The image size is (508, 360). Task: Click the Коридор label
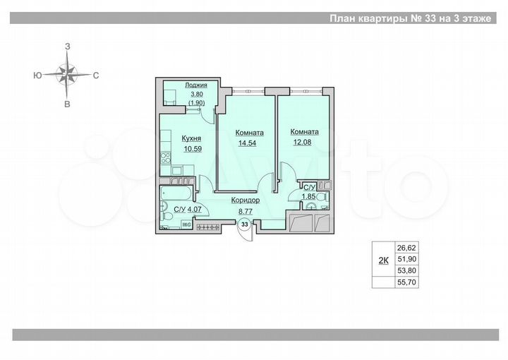pyautogui.click(x=245, y=200)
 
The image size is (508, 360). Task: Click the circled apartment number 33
pyautogui.click(x=244, y=224)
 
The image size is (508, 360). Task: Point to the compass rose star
pyautogui.click(x=68, y=73)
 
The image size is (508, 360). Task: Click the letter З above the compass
pyautogui.click(x=68, y=46)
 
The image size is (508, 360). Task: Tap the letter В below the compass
pyautogui.click(x=68, y=104)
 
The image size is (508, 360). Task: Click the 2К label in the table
pyautogui.click(x=383, y=260)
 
